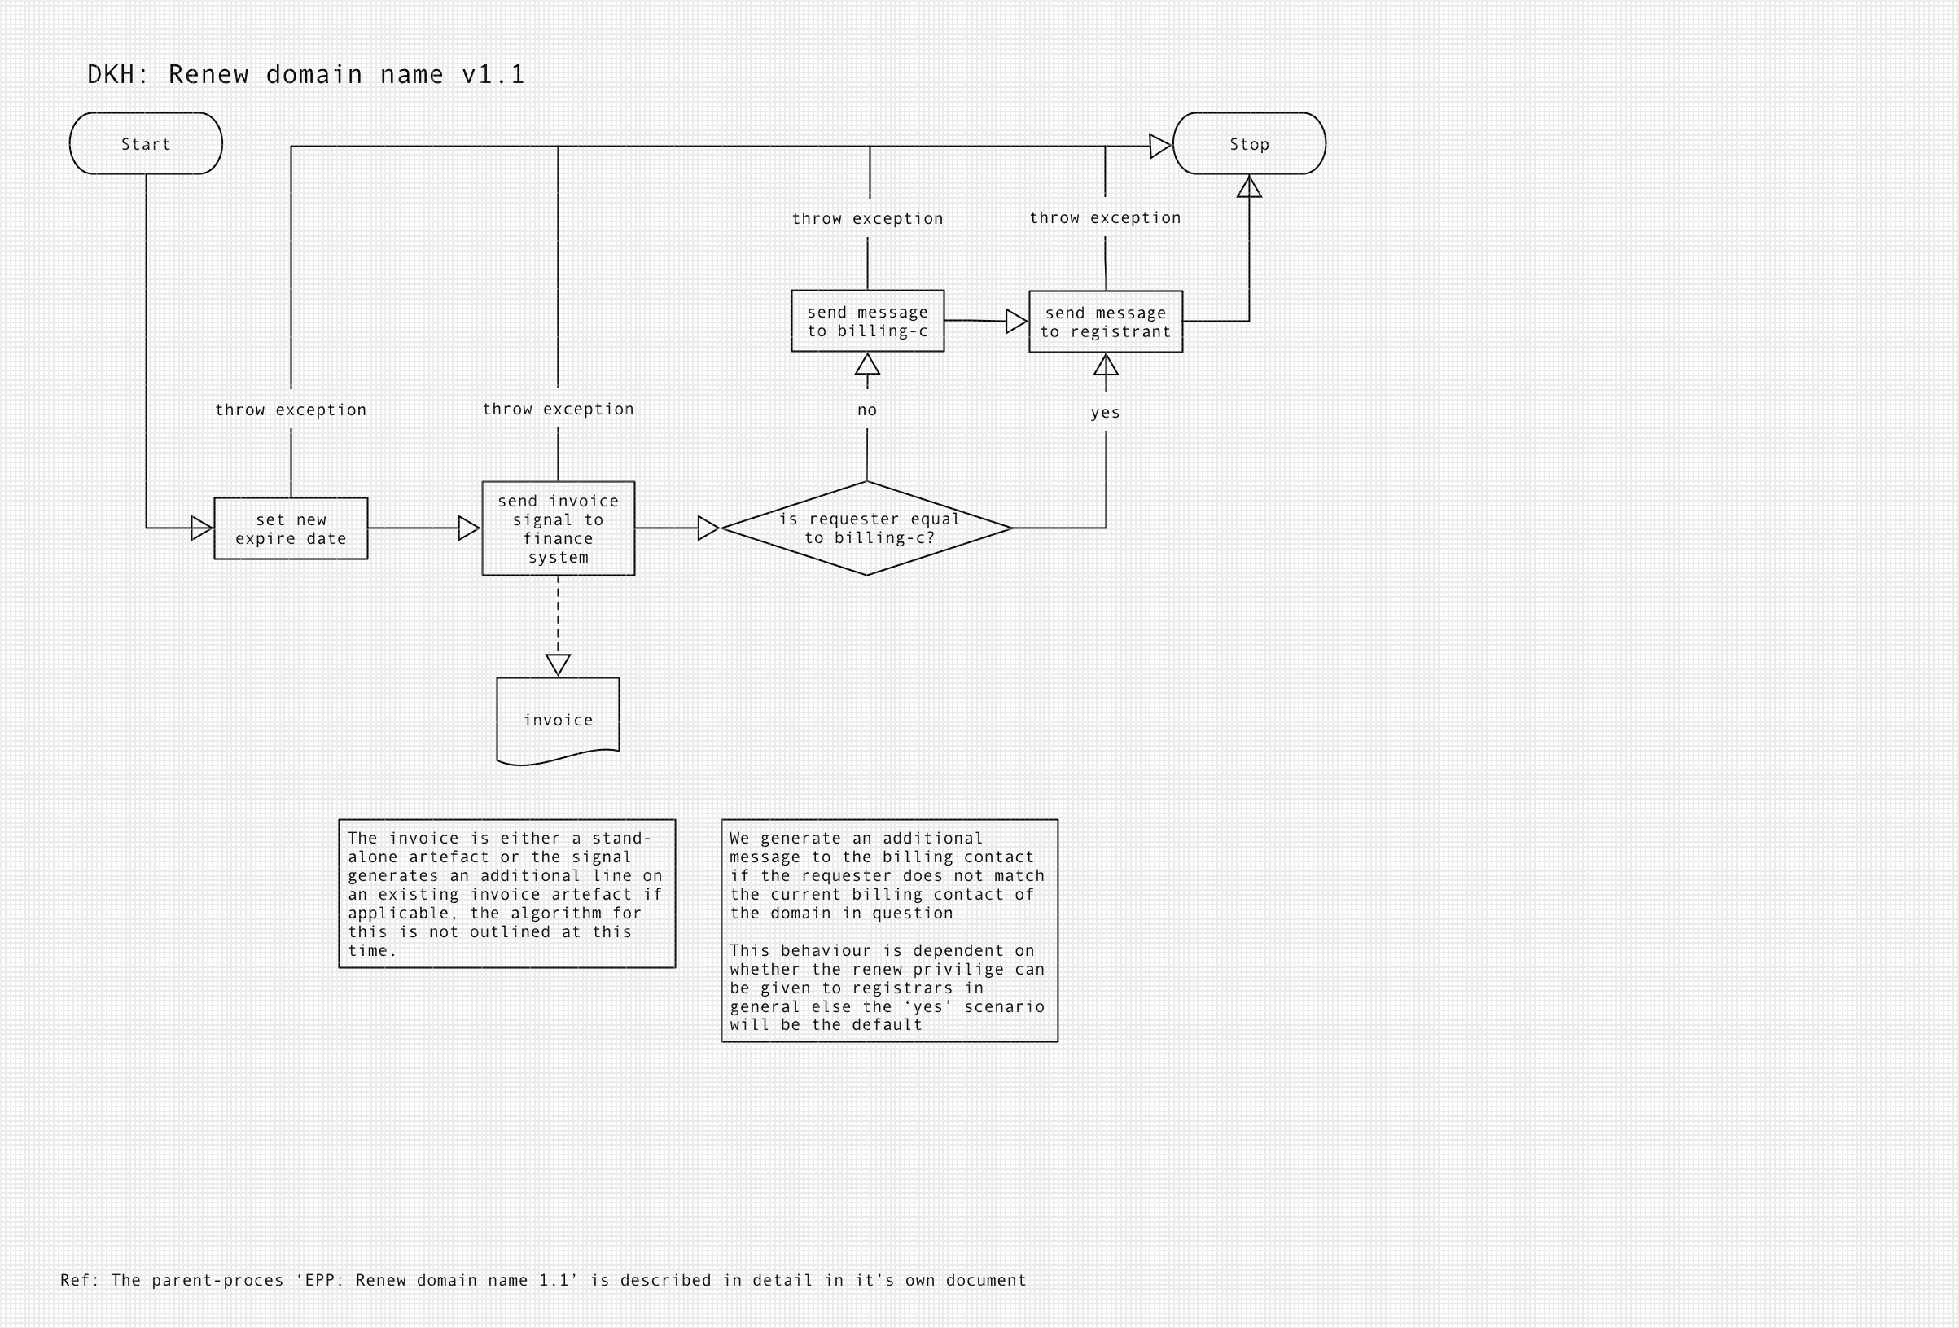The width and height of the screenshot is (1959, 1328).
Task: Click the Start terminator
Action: click(146, 143)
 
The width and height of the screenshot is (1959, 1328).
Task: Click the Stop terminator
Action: click(1248, 143)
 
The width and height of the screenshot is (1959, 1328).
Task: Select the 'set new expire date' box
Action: click(291, 528)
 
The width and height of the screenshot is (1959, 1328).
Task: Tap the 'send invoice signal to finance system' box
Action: click(558, 528)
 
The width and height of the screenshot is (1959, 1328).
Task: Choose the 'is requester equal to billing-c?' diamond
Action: click(866, 528)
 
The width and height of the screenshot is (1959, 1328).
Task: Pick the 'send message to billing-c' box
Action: click(867, 322)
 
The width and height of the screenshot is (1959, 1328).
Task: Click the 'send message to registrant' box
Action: click(1105, 322)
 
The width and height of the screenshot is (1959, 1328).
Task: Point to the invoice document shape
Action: click(558, 718)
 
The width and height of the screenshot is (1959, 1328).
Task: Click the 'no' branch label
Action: click(866, 410)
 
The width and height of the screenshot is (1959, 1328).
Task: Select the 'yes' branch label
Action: click(1105, 412)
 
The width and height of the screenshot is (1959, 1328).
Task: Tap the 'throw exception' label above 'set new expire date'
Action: click(291, 410)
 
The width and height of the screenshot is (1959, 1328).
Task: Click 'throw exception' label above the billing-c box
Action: click(867, 218)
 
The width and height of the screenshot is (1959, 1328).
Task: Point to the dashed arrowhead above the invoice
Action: click(558, 664)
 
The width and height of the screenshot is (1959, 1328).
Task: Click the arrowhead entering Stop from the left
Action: click(1160, 146)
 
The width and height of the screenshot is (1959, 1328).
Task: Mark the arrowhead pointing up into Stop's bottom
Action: click(1249, 187)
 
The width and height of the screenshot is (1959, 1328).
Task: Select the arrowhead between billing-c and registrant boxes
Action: click(1016, 322)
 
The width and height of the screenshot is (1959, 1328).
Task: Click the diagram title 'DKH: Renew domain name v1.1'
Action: click(306, 74)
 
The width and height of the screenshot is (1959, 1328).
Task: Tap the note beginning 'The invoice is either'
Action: click(506, 894)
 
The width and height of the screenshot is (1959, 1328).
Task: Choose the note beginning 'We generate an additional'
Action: click(889, 931)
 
